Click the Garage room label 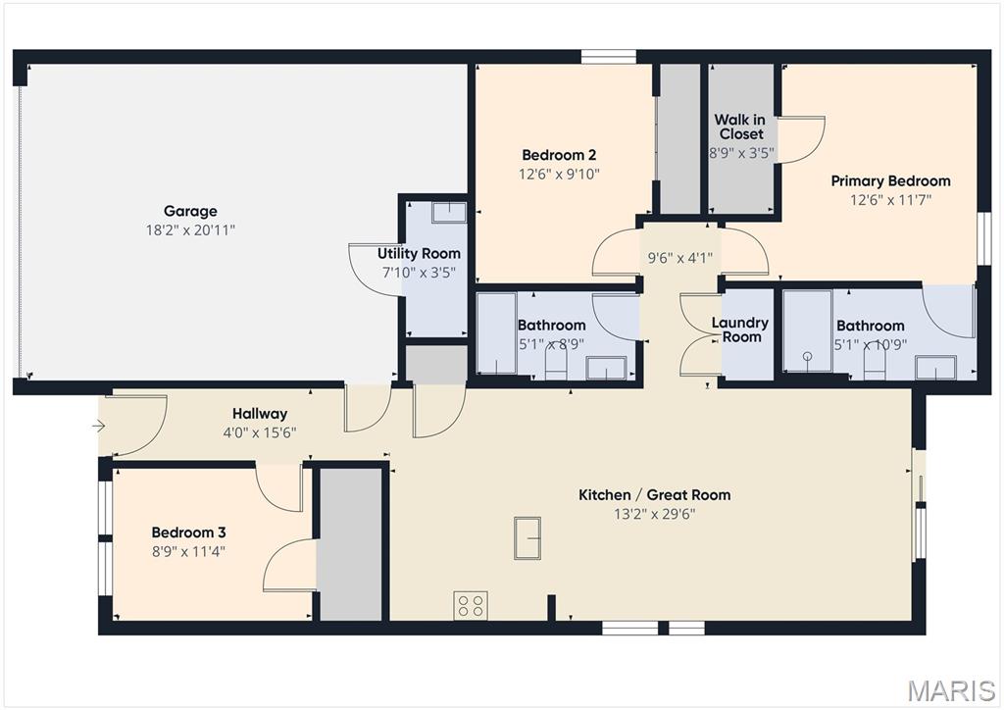(x=190, y=211)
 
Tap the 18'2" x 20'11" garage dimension (x=190, y=229)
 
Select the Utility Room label (x=419, y=254)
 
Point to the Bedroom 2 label (x=559, y=155)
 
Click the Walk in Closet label (x=740, y=127)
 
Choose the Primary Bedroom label (x=890, y=181)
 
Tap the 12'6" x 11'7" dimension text (x=890, y=200)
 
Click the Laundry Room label (x=740, y=330)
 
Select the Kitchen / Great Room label (x=654, y=495)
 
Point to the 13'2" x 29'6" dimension (x=654, y=514)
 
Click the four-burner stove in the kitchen (x=471, y=605)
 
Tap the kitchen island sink (x=527, y=537)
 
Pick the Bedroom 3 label (x=188, y=532)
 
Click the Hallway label (x=260, y=414)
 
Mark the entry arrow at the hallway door (x=99, y=425)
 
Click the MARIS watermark (x=951, y=691)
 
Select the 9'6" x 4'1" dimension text (x=680, y=258)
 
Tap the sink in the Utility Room (x=448, y=213)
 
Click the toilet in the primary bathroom (x=875, y=367)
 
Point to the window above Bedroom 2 (x=609, y=56)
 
